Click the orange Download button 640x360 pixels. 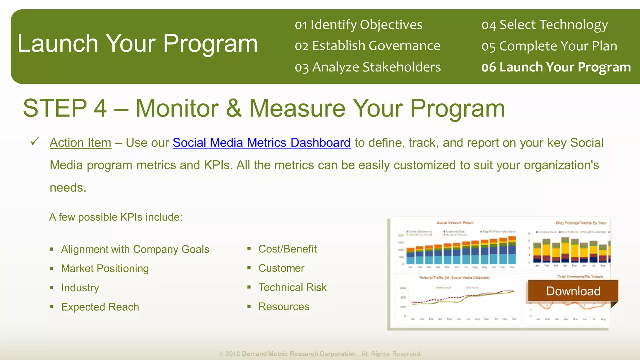pyautogui.click(x=573, y=291)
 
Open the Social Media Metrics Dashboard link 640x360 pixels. pyautogui.click(x=261, y=143)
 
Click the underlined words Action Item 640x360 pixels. pyautogui.click(x=80, y=143)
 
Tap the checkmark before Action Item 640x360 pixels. pyautogui.click(x=34, y=142)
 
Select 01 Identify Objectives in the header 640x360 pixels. pyautogui.click(x=358, y=25)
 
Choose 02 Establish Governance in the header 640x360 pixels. pyautogui.click(x=367, y=46)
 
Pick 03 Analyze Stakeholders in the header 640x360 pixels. pyautogui.click(x=367, y=67)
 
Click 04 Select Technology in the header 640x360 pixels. pyautogui.click(x=544, y=25)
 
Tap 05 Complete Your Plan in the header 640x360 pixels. pyautogui.click(x=549, y=46)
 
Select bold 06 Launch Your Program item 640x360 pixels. pyautogui.click(x=556, y=67)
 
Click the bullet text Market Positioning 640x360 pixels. pyautogui.click(x=105, y=268)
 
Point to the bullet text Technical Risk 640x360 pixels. pyautogui.click(x=292, y=287)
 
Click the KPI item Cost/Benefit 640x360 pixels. pyautogui.click(x=287, y=249)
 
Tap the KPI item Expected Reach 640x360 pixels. pyautogui.click(x=100, y=307)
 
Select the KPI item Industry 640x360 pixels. pyautogui.click(x=80, y=287)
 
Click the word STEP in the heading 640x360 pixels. pyautogui.click(x=55, y=108)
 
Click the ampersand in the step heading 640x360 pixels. pyautogui.click(x=233, y=108)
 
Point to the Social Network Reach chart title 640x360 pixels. pyautogui.click(x=455, y=222)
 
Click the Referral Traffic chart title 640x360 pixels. pyautogui.click(x=454, y=277)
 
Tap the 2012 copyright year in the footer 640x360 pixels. pyautogui.click(x=232, y=354)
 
